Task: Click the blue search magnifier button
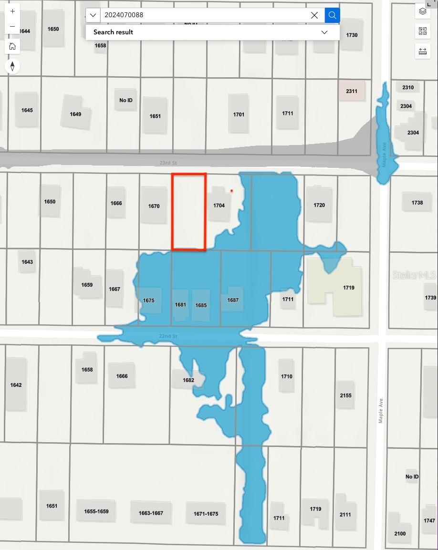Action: click(332, 15)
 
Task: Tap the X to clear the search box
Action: click(314, 15)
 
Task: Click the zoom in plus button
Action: click(12, 11)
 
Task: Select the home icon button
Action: click(12, 46)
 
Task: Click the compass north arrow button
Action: click(12, 66)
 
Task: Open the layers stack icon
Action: click(422, 11)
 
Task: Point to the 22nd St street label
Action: click(168, 336)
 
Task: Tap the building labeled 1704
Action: click(219, 206)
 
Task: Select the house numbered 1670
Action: click(154, 206)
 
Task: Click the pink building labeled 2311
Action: click(351, 91)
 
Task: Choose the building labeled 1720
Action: click(319, 205)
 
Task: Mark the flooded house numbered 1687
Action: click(233, 300)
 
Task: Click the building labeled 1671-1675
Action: click(206, 514)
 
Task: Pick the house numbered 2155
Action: click(346, 395)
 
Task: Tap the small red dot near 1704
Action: click(232, 191)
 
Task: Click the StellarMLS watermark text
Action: click(414, 275)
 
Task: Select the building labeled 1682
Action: click(189, 380)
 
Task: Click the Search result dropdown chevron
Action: click(324, 32)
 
